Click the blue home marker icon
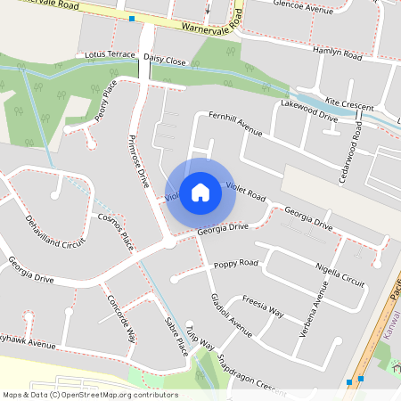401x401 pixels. pos(200,192)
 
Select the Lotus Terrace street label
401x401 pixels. pos(109,54)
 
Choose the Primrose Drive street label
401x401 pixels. pos(139,161)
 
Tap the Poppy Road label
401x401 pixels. pos(235,263)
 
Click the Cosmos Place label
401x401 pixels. pos(114,232)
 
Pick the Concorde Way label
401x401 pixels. pos(120,319)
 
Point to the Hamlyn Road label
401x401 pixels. pos(338,54)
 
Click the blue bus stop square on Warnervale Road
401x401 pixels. pos(132,18)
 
